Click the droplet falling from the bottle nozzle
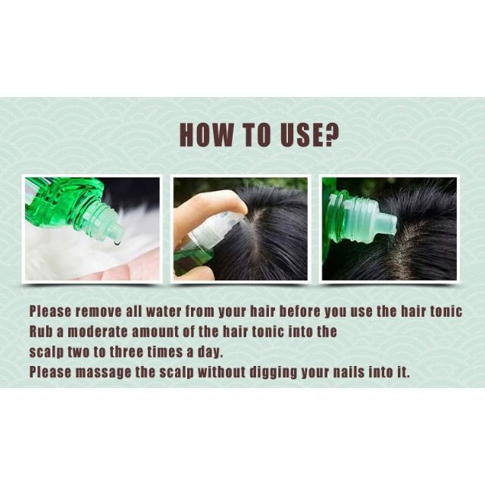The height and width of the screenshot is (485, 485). [117, 244]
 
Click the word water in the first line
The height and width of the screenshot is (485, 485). [164, 311]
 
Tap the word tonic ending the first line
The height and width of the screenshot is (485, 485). [446, 311]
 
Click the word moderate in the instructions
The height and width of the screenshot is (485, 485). [97, 332]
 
